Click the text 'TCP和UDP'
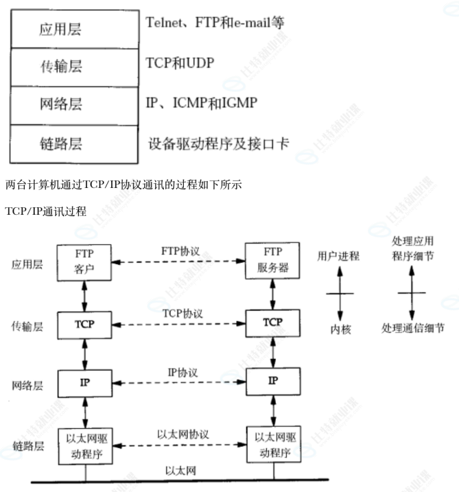point(180,63)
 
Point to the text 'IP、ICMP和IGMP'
point(201,103)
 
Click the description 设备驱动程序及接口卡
point(218,144)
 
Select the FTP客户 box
point(84,261)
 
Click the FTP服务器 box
point(272,261)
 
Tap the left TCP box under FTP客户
point(84,323)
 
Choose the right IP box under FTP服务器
point(272,381)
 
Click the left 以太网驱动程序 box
point(85,445)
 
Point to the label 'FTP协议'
point(180,251)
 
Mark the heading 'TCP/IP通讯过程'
point(45,211)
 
